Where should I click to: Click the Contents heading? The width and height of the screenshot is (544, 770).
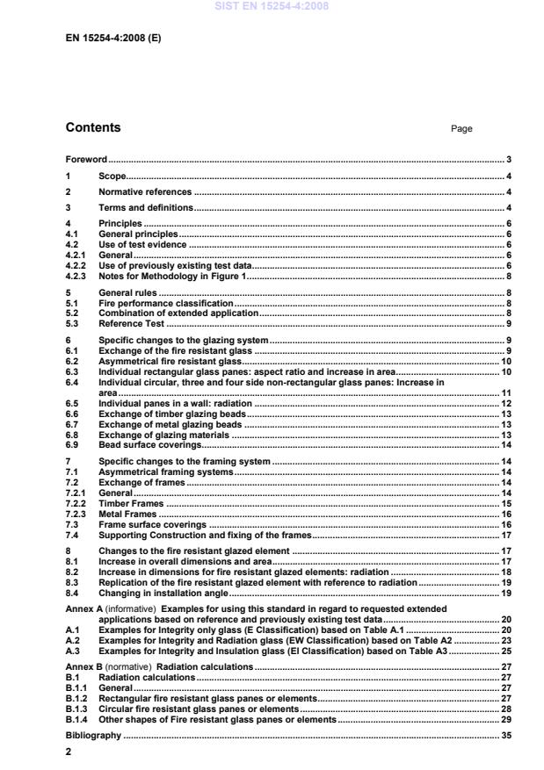[x=93, y=127]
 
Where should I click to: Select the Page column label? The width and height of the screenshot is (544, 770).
[x=461, y=129]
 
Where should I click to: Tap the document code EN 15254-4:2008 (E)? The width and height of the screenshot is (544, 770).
[x=112, y=40]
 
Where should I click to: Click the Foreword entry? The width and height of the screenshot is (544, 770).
[x=86, y=160]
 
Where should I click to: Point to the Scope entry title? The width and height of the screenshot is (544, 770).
[x=112, y=176]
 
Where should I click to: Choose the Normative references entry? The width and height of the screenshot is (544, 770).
[x=144, y=192]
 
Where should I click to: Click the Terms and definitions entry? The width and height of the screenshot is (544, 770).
[x=146, y=208]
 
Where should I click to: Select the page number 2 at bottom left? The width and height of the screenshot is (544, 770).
[x=69, y=752]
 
